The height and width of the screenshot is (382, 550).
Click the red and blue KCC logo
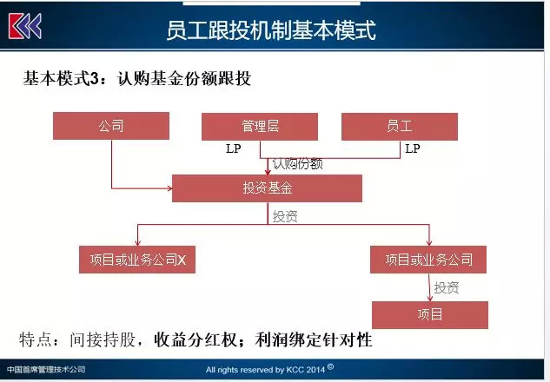click(25, 26)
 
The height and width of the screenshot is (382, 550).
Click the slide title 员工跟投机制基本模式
click(271, 30)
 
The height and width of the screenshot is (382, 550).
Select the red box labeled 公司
click(111, 126)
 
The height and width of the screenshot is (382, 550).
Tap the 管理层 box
click(260, 127)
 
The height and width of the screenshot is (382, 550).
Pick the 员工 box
click(400, 127)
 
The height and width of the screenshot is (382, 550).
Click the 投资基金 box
click(267, 188)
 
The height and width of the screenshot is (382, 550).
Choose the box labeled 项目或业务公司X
click(137, 260)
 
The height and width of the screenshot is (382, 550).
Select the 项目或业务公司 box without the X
click(428, 260)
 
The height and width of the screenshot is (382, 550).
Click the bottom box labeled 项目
click(430, 314)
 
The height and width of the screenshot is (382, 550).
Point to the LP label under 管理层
click(233, 148)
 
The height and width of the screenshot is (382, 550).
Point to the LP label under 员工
click(413, 148)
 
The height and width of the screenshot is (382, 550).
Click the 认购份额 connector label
click(297, 164)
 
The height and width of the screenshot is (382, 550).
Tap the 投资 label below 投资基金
click(285, 216)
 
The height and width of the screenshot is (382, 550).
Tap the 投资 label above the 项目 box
click(447, 287)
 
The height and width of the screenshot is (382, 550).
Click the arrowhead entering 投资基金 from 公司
click(169, 188)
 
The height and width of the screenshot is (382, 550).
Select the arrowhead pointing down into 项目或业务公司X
click(137, 243)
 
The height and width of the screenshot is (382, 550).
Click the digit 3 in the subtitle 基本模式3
click(95, 78)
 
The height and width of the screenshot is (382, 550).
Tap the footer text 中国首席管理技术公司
click(46, 369)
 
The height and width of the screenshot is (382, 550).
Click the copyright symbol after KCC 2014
click(330, 367)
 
